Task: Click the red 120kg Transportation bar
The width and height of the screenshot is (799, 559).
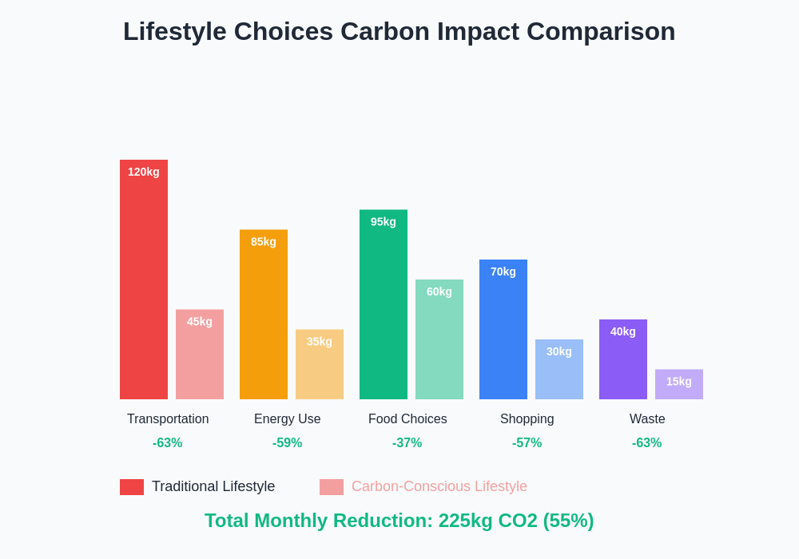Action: (144, 279)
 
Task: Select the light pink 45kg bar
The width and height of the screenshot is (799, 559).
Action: (200, 355)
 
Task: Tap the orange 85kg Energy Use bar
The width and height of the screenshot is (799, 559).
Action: (264, 315)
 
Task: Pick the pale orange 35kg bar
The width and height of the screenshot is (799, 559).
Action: (320, 364)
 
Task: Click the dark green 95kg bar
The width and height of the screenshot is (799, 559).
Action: (384, 304)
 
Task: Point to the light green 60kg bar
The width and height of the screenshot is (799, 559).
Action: (439, 339)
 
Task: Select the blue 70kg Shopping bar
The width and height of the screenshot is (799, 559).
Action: (503, 329)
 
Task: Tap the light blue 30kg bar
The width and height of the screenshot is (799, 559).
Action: (559, 369)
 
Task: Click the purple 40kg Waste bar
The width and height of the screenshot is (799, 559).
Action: (623, 359)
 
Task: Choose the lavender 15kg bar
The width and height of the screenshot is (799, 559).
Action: (679, 384)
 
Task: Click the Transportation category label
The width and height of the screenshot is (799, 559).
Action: (168, 419)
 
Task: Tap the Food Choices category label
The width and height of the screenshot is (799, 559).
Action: (407, 419)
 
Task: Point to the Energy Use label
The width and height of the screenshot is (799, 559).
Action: (288, 419)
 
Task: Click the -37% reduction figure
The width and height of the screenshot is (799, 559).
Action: (407, 443)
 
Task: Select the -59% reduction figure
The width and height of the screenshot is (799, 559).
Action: (288, 443)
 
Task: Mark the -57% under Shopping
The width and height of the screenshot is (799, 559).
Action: (527, 443)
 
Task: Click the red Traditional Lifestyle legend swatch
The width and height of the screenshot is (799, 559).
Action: (132, 487)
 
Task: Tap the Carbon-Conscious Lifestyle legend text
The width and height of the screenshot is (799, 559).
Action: (439, 486)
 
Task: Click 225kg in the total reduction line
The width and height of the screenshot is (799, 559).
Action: (465, 521)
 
